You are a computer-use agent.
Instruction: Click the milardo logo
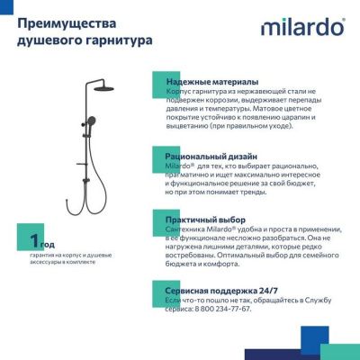(x=301, y=27)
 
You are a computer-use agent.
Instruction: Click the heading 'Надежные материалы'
(x=211, y=82)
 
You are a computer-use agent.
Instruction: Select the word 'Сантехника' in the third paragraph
(x=184, y=229)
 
